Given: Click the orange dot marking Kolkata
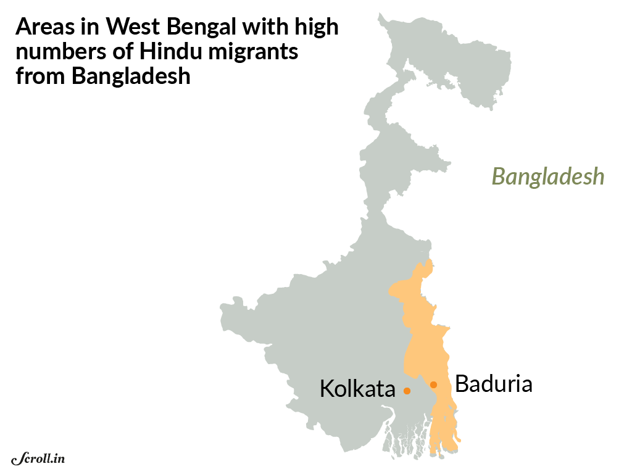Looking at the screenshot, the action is [407, 391].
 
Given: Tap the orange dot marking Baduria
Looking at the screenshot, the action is [433, 385].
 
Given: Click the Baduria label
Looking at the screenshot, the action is [494, 384].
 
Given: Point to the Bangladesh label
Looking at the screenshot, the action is [547, 177].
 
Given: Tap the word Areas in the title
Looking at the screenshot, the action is [44, 28].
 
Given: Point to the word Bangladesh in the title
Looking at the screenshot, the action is [131, 77].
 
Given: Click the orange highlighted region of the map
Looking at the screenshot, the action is [426, 346].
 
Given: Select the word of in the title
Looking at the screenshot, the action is [118, 52].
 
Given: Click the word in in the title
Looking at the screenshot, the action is [91, 28].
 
